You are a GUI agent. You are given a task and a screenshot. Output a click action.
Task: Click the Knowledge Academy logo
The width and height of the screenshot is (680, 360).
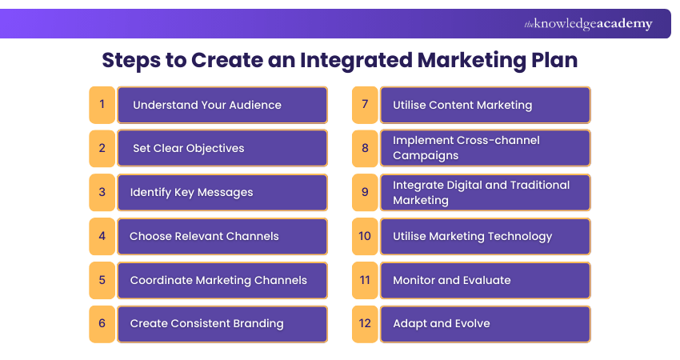(588, 24)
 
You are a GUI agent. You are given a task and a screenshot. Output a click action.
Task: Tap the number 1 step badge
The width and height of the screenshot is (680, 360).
(102, 105)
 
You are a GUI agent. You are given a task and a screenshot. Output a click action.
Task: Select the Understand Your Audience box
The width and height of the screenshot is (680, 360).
(222, 105)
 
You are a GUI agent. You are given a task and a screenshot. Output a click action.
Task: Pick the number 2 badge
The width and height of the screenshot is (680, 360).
(102, 148)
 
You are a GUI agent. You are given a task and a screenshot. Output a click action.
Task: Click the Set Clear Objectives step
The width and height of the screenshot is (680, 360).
(222, 148)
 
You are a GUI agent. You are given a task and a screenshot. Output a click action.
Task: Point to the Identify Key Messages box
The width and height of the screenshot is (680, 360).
(222, 192)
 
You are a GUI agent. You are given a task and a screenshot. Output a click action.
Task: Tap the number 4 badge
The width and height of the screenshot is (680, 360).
(102, 236)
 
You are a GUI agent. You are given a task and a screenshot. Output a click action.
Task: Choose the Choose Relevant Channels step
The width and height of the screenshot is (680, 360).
(222, 236)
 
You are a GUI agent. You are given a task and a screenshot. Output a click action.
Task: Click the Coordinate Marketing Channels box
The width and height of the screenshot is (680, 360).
(222, 280)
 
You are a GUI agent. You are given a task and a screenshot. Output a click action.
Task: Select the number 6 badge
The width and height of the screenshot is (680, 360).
(102, 324)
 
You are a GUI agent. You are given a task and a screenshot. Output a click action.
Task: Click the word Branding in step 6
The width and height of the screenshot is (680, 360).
(258, 324)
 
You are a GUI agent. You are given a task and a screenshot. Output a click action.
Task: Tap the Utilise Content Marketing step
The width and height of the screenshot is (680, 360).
(485, 105)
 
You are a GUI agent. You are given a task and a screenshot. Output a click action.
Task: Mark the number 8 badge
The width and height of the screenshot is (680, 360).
(365, 148)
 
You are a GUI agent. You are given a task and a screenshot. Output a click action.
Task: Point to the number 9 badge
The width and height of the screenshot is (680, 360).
(365, 192)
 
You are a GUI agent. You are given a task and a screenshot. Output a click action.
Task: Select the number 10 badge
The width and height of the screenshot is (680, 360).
(365, 236)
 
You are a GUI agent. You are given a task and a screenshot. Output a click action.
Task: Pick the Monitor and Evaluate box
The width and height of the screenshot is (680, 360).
(485, 280)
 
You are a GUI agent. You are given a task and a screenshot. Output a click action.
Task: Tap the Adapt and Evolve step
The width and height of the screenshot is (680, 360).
(485, 324)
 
